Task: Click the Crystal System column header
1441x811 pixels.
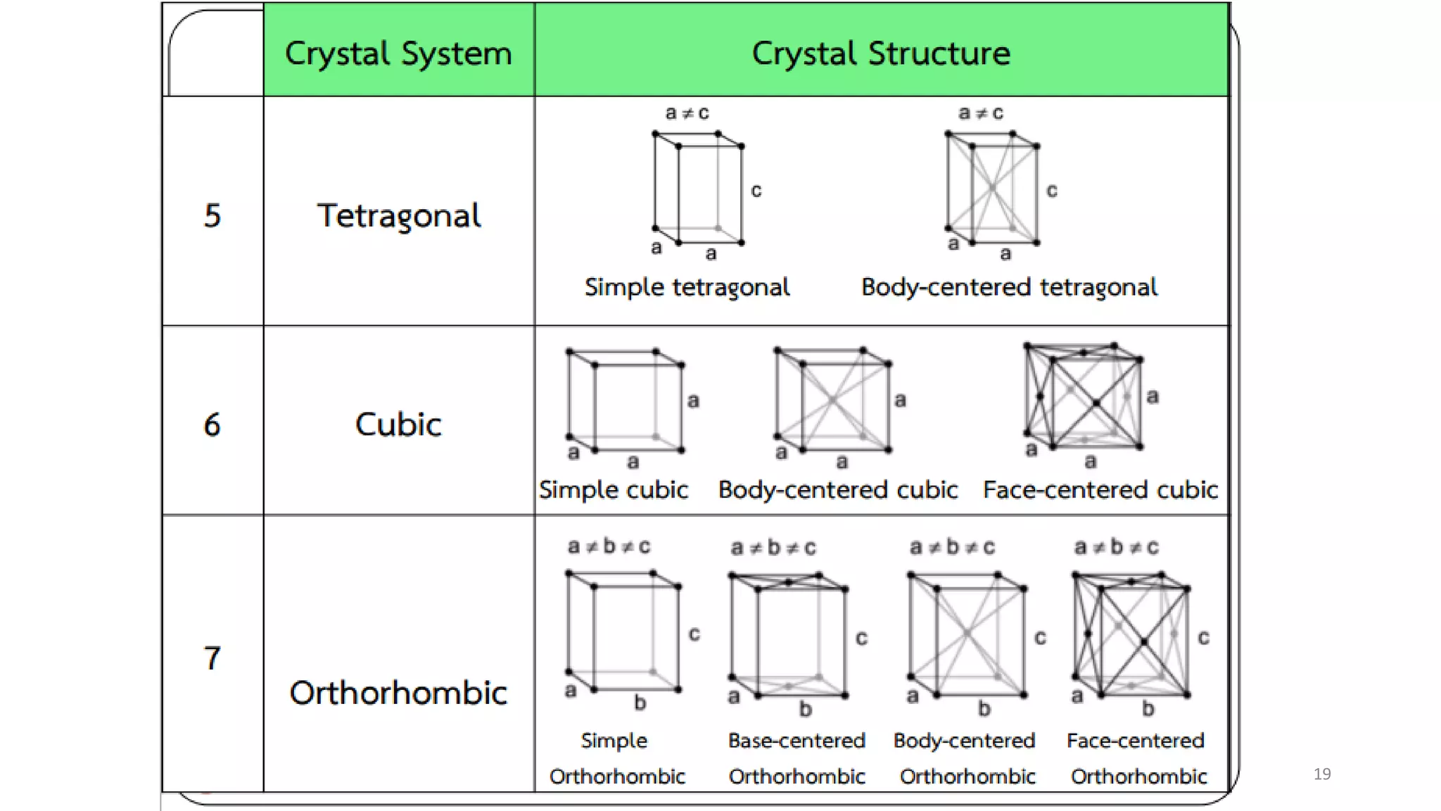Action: coord(398,54)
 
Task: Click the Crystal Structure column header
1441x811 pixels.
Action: coord(881,54)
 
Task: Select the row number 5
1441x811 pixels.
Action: coord(212,215)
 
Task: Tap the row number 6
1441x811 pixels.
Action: coord(212,425)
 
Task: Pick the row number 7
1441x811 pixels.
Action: coord(212,658)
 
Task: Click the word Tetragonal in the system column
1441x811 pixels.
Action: coord(399,215)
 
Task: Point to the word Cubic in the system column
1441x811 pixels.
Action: coord(398,425)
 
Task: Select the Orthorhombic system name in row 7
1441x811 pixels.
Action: coord(398,693)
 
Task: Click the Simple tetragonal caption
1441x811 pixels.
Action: coord(687,287)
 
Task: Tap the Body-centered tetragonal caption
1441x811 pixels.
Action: coord(1009,287)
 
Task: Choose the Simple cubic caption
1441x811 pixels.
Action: coord(614,490)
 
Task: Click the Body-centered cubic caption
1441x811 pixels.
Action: coord(838,490)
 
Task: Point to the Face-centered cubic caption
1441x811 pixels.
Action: coord(1100,490)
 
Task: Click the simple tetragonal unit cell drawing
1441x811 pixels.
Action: coord(698,188)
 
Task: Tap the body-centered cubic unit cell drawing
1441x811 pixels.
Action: coord(833,400)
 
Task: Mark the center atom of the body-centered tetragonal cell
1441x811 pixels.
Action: coord(992,188)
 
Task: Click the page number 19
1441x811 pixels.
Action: coord(1322,774)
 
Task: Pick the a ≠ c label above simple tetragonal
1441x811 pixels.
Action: coord(687,113)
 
